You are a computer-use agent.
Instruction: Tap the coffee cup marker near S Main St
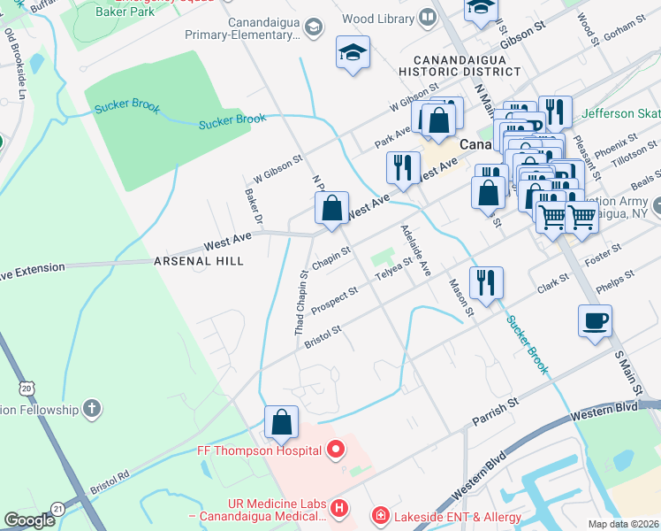[x=596, y=320]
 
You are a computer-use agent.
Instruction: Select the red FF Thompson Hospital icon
[x=335, y=450]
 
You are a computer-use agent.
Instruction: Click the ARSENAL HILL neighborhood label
[x=198, y=262]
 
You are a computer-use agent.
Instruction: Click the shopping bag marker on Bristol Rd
[x=281, y=423]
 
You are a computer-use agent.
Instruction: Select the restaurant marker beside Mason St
[x=486, y=284]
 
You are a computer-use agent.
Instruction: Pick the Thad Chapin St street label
[x=301, y=303]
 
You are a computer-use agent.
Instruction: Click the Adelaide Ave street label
[x=414, y=249]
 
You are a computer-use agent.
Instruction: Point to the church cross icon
[x=90, y=408]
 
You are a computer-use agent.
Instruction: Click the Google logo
[x=29, y=520]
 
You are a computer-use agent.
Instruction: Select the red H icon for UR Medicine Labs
[x=339, y=510]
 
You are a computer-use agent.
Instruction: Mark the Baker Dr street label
[x=254, y=205]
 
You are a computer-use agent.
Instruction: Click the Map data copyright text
[x=623, y=524]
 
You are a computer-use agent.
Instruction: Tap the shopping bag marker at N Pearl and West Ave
[x=331, y=210]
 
